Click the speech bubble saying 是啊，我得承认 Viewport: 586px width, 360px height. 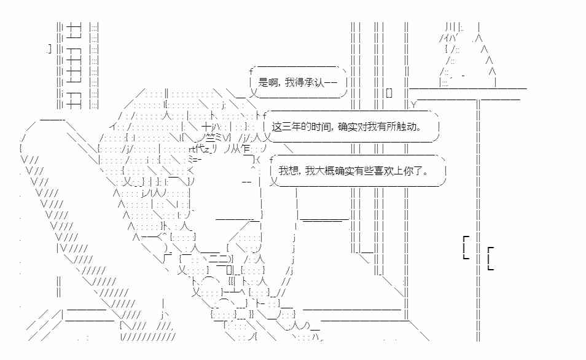[299, 82]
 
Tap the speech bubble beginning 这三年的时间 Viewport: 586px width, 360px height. [351, 127]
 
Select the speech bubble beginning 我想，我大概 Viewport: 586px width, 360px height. [357, 171]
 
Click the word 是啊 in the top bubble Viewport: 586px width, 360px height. [268, 82]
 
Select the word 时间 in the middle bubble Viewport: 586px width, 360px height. [320, 127]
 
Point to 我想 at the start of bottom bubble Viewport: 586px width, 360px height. [288, 171]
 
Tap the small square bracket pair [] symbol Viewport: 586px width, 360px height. [389, 93]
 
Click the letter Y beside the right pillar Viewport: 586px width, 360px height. [413, 104]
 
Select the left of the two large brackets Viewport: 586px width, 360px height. [466, 247]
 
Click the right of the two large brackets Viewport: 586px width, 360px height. [491, 258]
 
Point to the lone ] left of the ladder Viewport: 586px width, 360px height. [50, 49]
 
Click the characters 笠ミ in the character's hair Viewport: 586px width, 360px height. [216, 138]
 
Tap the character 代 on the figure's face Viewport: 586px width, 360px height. [200, 149]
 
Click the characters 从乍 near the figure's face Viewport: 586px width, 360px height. [241, 149]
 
